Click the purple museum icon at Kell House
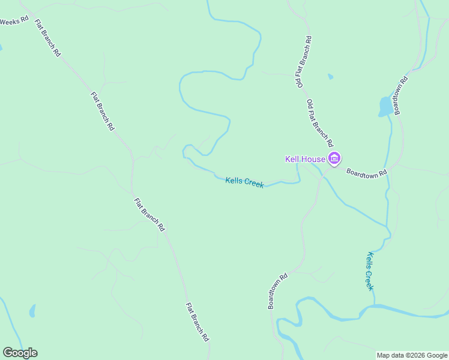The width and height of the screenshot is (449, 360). (x=334, y=159)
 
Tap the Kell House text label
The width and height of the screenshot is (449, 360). (x=305, y=159)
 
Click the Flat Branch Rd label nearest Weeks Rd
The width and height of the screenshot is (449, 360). (x=48, y=38)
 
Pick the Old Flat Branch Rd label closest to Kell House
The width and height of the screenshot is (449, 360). (x=319, y=123)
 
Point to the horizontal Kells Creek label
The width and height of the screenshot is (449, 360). (x=244, y=182)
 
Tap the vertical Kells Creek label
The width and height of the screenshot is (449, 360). (x=370, y=271)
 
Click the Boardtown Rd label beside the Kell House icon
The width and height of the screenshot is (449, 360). (x=367, y=171)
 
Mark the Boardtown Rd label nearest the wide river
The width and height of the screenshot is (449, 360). (x=278, y=292)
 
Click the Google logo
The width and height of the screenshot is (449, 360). (x=20, y=353)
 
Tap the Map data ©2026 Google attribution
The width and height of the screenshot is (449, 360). (x=412, y=355)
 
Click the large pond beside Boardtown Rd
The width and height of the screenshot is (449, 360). (x=385, y=106)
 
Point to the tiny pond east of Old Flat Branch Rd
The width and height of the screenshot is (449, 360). (x=330, y=77)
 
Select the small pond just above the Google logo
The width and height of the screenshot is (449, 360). (x=32, y=311)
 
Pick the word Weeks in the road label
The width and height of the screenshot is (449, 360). (x=10, y=21)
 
